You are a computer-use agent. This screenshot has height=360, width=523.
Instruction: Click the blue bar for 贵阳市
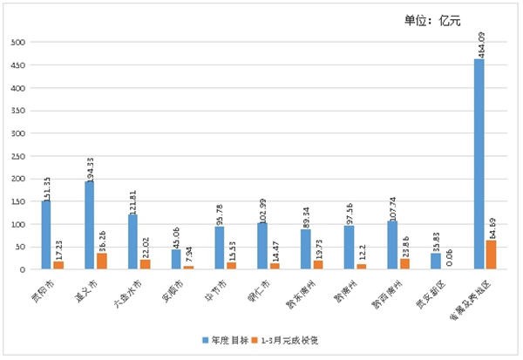tap(45, 235)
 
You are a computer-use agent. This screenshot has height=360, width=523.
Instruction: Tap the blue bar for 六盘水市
tap(132, 241)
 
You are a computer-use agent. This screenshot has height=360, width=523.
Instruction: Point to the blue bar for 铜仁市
tap(262, 246)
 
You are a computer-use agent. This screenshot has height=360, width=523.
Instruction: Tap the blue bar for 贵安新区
tap(435, 262)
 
